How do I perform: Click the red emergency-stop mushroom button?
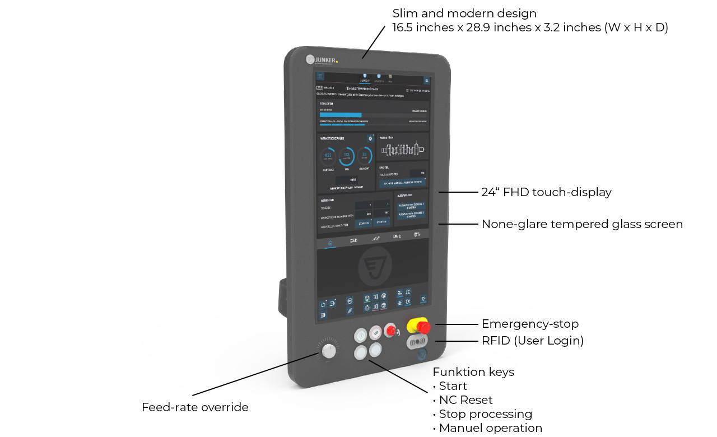tap(421, 326)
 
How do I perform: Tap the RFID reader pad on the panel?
tap(417, 341)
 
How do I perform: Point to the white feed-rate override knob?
tap(329, 351)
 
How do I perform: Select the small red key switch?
tap(390, 331)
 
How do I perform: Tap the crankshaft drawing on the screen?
tap(402, 150)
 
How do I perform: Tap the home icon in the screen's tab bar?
tap(330, 243)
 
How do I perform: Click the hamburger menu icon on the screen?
tap(320, 76)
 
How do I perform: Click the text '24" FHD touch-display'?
tap(546, 192)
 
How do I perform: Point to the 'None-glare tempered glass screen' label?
tap(582, 224)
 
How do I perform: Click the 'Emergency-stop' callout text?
tap(530, 324)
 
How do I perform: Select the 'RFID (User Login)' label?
tap(533, 341)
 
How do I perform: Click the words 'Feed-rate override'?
tap(195, 407)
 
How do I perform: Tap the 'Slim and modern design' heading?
tap(464, 13)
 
